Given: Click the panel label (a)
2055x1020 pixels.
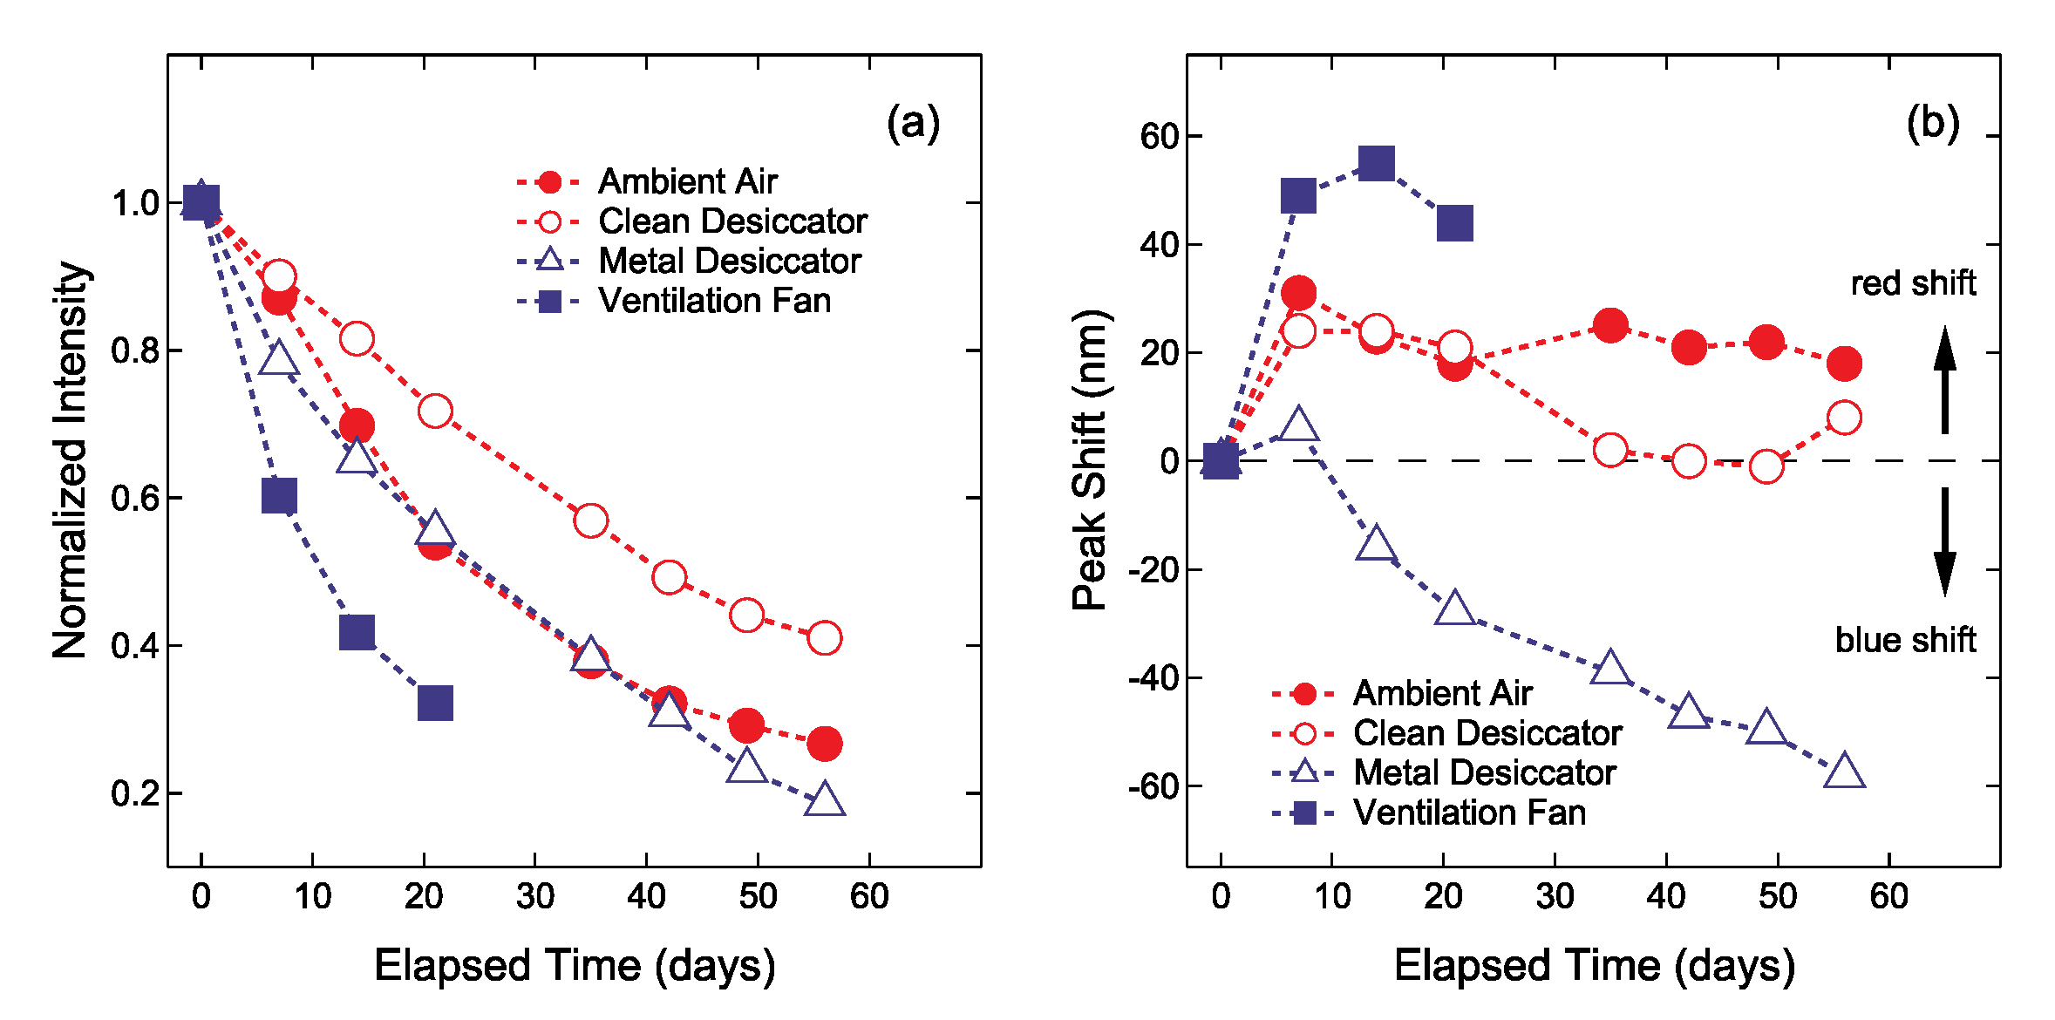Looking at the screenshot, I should (x=913, y=124).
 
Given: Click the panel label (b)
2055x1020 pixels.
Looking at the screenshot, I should (x=1932, y=124).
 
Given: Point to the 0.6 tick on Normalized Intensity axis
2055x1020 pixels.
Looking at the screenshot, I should (x=135, y=499).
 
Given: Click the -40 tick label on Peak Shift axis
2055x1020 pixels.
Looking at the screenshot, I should (x=1153, y=678).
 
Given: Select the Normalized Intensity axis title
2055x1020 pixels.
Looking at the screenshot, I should (x=70, y=459).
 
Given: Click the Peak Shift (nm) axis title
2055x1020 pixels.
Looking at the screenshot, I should (x=1090, y=459).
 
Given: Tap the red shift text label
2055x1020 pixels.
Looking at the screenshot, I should (x=1913, y=283).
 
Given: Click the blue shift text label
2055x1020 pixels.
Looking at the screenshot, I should (x=1904, y=640).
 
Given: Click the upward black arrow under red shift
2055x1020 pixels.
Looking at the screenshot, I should (x=1944, y=381).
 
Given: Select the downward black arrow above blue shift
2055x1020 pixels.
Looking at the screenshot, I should (x=1944, y=541).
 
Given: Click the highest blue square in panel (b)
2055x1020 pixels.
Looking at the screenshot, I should (x=1376, y=163).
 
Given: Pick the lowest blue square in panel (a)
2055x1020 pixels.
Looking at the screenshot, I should (x=435, y=703).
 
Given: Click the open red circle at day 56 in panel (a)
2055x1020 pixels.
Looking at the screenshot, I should (x=824, y=638).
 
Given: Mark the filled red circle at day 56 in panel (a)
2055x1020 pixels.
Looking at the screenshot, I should (x=824, y=744).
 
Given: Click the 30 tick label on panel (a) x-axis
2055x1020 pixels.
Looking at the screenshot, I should (x=534, y=896).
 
